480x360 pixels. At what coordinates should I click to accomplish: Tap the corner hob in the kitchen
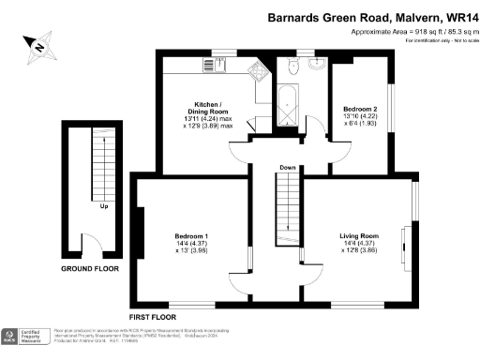(x=255, y=70)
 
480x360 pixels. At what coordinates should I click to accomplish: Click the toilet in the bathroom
(x=293, y=65)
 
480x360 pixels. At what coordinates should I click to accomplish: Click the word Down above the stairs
(x=287, y=168)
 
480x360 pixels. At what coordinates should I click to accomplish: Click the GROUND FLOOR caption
(x=89, y=268)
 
